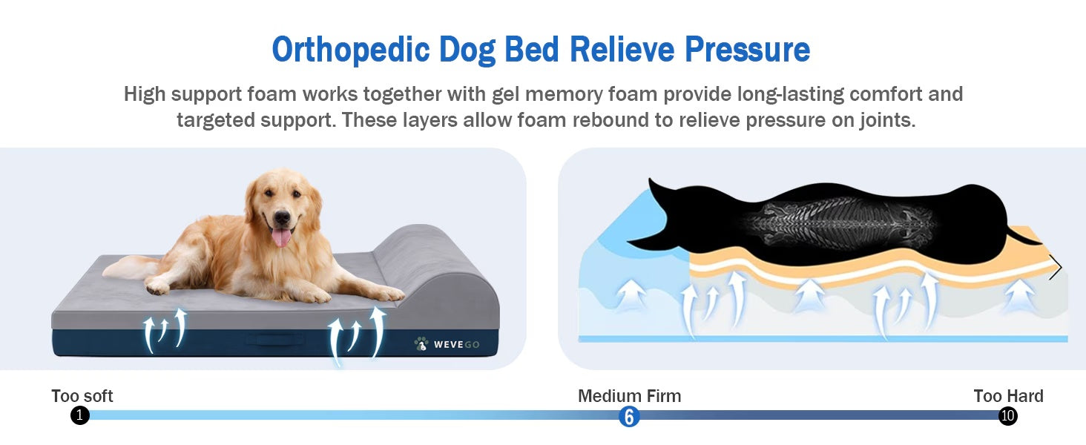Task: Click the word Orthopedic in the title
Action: point(349,50)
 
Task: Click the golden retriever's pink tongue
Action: point(282,237)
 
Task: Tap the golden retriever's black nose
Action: point(282,217)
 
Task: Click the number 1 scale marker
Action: point(80,415)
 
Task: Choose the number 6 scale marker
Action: point(629,416)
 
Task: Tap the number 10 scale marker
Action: point(1007,415)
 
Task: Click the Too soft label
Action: point(82,396)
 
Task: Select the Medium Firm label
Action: point(629,396)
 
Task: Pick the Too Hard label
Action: point(1008,396)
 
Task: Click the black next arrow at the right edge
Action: point(1055,267)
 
